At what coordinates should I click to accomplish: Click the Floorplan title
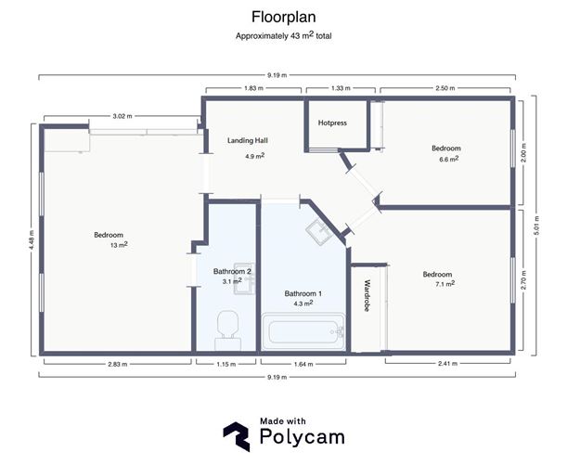[284, 18]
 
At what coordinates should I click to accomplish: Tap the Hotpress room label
[332, 123]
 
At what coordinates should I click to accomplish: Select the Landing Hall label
[248, 141]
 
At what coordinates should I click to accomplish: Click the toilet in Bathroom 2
[227, 330]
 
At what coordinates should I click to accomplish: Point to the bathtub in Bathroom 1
[303, 331]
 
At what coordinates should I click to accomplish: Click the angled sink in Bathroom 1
[319, 232]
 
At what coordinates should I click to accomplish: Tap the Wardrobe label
[367, 295]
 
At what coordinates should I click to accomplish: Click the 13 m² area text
[119, 245]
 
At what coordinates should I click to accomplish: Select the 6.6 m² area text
[449, 159]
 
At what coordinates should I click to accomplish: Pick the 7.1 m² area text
[445, 284]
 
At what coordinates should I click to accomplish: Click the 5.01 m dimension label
[536, 226]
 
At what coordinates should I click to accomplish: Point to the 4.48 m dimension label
[32, 239]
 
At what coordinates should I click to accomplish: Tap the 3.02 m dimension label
[122, 116]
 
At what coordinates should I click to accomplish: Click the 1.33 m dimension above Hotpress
[341, 88]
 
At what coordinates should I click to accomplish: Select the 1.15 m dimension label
[226, 364]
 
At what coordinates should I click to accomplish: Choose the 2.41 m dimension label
[447, 364]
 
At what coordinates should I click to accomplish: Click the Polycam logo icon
[237, 436]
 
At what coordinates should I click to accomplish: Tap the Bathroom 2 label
[232, 271]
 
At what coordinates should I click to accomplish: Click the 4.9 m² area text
[255, 156]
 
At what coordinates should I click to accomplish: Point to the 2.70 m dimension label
[524, 280]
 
